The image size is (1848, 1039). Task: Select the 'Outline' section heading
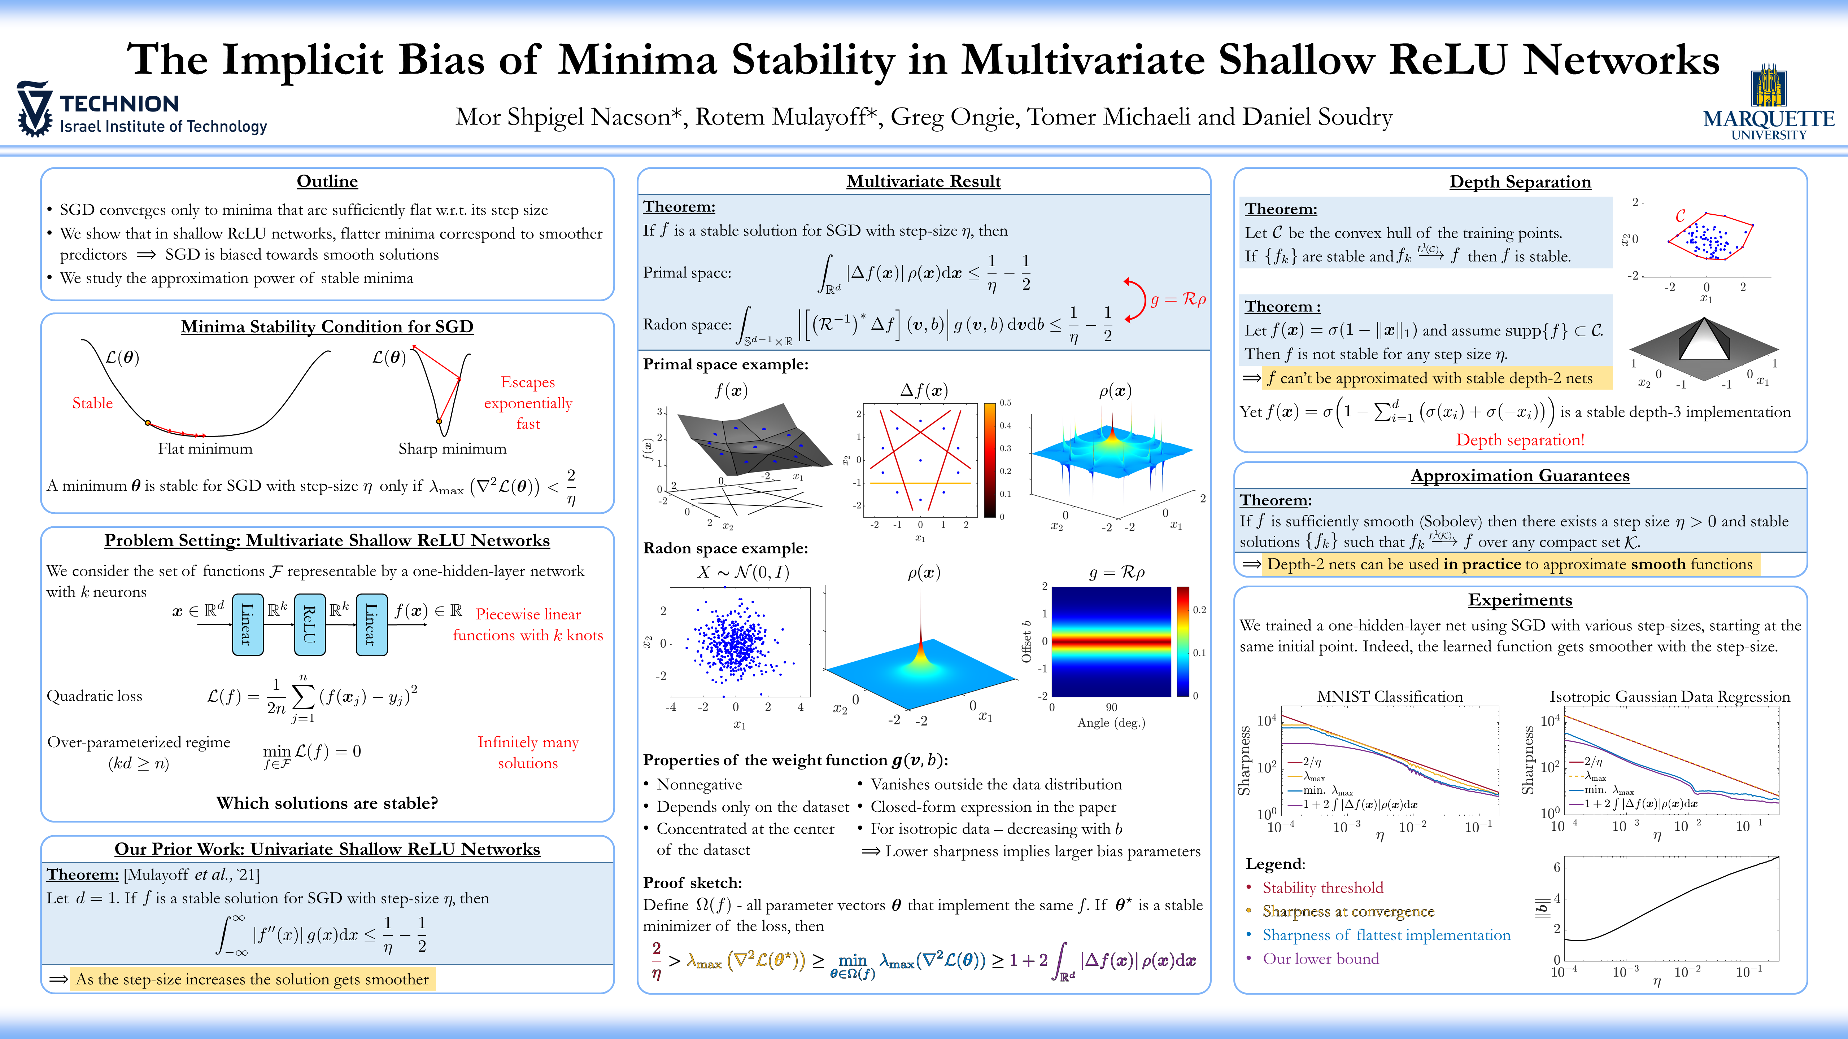327,181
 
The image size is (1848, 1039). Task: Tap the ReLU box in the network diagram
309,624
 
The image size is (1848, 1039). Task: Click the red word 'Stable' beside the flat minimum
92,403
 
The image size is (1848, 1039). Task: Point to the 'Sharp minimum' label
452,449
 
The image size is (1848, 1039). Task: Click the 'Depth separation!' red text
1520,439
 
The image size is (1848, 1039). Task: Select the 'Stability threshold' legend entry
1322,888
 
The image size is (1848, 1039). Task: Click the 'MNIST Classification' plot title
1390,696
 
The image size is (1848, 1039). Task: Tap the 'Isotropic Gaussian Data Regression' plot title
1669,696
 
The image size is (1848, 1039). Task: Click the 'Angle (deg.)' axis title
1111,723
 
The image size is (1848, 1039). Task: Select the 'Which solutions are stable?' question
327,803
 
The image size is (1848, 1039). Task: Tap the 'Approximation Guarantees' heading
1520,475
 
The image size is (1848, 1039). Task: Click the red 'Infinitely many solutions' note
528,752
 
